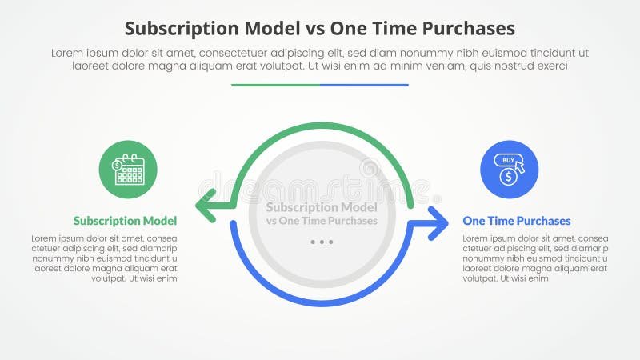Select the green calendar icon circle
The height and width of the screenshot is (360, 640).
(128, 170)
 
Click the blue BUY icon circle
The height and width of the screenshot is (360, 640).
(509, 170)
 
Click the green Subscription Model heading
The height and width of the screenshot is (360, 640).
(125, 221)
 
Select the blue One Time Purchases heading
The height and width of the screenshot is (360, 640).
(517, 221)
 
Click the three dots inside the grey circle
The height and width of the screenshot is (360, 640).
(321, 242)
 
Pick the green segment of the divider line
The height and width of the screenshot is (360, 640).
(275, 85)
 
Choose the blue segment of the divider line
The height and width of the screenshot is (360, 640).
(364, 85)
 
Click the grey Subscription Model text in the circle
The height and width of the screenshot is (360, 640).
(321, 206)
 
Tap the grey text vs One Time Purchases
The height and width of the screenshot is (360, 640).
(321, 221)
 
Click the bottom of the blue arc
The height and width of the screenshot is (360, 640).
(321, 303)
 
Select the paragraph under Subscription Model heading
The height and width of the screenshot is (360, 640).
(105, 258)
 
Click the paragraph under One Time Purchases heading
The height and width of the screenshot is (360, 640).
(536, 258)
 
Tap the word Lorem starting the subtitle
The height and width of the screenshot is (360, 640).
(68, 53)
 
